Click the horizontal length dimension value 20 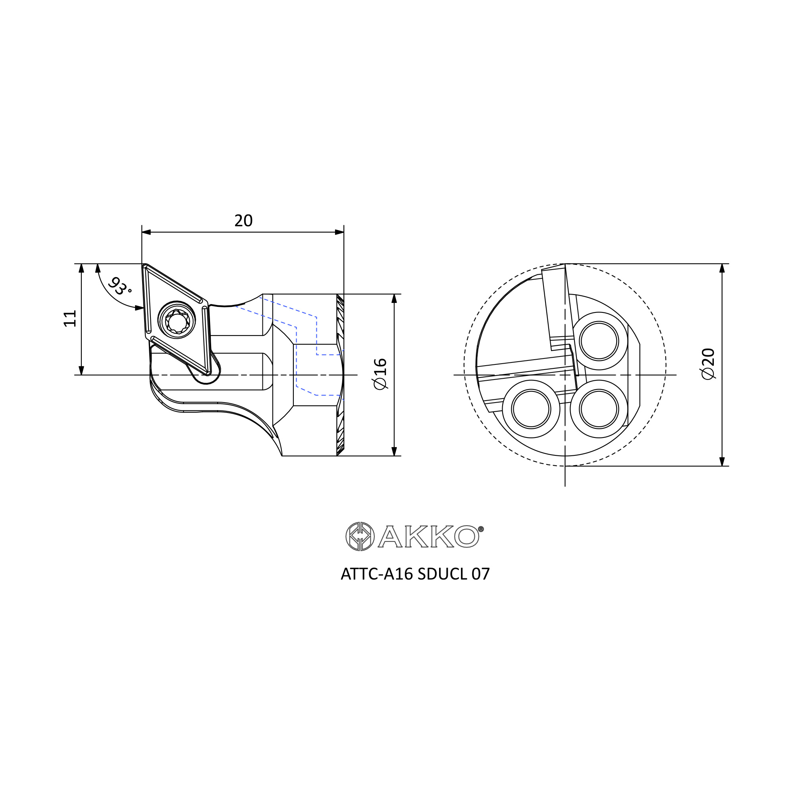pyautogui.click(x=243, y=221)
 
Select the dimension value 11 pyautogui.click(x=70, y=318)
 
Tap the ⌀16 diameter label pyautogui.click(x=380, y=374)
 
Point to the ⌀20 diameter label pyautogui.click(x=709, y=364)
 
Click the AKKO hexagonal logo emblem pyautogui.click(x=360, y=536)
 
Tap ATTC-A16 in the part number pyautogui.click(x=377, y=574)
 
